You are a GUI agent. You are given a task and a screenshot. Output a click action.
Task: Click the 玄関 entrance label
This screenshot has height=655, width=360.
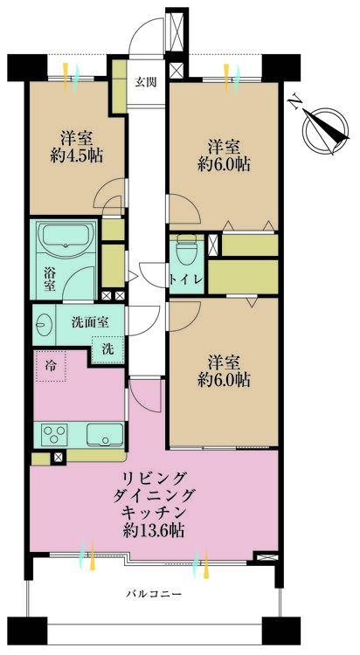tap(145, 83)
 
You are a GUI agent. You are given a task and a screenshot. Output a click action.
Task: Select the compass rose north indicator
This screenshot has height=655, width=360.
tap(321, 128)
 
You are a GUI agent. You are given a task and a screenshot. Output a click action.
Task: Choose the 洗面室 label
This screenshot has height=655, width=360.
tap(89, 321)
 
